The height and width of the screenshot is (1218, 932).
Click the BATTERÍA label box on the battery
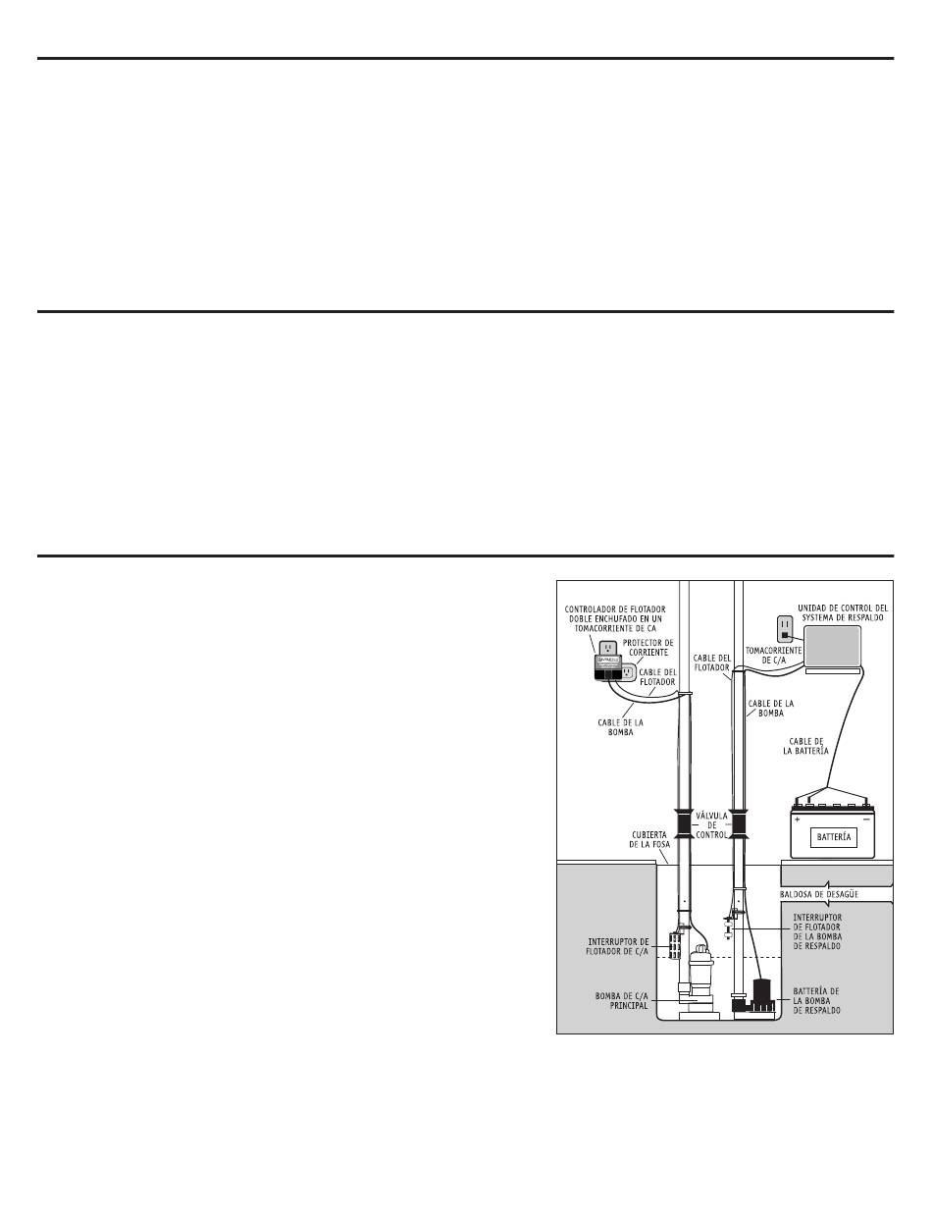(x=834, y=837)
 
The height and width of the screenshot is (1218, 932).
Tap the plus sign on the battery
(x=797, y=819)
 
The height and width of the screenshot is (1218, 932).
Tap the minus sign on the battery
(x=866, y=819)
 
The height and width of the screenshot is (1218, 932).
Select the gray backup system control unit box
(x=832, y=647)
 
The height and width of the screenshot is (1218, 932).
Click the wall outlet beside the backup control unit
(x=785, y=629)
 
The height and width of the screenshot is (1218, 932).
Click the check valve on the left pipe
(x=684, y=824)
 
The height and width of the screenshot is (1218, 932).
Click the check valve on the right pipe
(x=738, y=824)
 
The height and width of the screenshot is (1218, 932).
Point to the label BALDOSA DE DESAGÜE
(x=819, y=894)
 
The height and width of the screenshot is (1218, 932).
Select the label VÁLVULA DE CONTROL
(x=711, y=825)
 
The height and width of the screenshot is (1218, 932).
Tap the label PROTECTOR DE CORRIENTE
(x=647, y=648)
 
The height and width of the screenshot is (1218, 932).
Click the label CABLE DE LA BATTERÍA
(x=805, y=746)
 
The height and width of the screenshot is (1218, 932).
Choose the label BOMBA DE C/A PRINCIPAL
(x=622, y=1000)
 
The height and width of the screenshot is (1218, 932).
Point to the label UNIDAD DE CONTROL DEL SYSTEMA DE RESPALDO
(x=843, y=612)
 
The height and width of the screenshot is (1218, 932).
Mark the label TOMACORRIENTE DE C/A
(x=773, y=656)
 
